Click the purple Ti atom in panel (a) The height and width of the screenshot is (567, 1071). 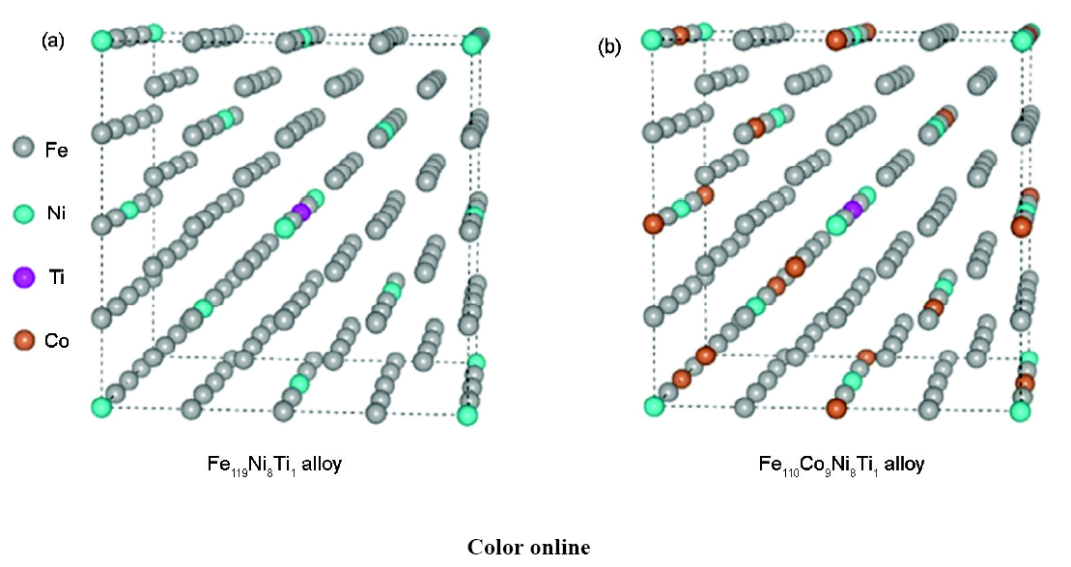pos(301,212)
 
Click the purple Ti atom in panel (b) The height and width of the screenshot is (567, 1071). pos(853,208)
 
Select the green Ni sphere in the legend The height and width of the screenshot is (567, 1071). pos(24,213)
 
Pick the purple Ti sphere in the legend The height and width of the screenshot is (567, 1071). pos(24,276)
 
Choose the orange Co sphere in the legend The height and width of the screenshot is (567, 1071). pos(24,339)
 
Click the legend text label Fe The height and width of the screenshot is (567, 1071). pos(57,150)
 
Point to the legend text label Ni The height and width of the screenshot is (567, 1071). pos(57,213)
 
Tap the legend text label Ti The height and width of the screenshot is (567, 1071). pos(57,277)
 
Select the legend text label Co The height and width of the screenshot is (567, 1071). pos(57,340)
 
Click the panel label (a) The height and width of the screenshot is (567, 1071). pos(53,42)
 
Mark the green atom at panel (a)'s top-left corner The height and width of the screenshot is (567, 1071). pos(101,41)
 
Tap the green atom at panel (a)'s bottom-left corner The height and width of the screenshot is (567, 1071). pos(101,408)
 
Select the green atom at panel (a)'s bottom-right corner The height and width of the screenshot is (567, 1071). pos(467,414)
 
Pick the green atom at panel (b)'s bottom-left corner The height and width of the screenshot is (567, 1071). pos(654,407)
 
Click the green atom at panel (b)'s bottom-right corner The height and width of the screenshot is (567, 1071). pos(1020,411)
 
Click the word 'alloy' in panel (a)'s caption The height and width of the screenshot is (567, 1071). pos(321,465)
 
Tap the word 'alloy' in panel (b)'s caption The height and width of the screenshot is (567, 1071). pos(904,465)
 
